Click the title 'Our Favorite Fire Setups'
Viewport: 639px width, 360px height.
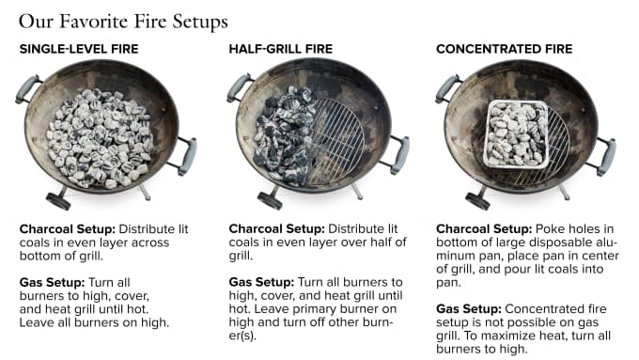click(123, 22)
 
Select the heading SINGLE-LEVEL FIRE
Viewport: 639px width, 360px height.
click(79, 49)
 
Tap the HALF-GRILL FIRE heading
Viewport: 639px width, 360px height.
click(281, 49)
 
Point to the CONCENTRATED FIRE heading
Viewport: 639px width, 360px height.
click(504, 49)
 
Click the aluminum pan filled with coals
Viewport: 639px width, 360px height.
click(516, 134)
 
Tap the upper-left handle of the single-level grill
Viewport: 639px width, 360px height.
click(27, 89)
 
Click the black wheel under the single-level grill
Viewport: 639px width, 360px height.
click(58, 200)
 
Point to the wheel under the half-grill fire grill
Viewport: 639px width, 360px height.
click(270, 200)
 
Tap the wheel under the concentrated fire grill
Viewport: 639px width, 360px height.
click(477, 201)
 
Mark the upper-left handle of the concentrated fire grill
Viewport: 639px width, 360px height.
click(447, 88)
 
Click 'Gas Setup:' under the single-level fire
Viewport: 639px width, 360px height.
click(53, 282)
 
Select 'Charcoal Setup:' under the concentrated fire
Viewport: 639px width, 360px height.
click(484, 228)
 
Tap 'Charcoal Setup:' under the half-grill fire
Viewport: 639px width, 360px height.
click(276, 228)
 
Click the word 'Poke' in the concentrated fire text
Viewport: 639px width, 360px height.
click(550, 228)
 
